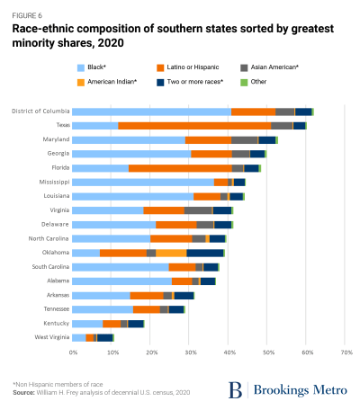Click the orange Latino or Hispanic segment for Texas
(x=193, y=126)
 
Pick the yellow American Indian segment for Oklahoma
(x=171, y=253)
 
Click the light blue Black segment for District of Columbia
(x=151, y=111)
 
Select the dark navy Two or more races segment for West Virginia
(x=105, y=337)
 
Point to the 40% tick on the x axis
(x=229, y=352)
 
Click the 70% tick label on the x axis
(x=346, y=352)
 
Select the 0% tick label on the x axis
(x=72, y=352)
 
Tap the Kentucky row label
(x=51, y=323)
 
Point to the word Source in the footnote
(x=24, y=393)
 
